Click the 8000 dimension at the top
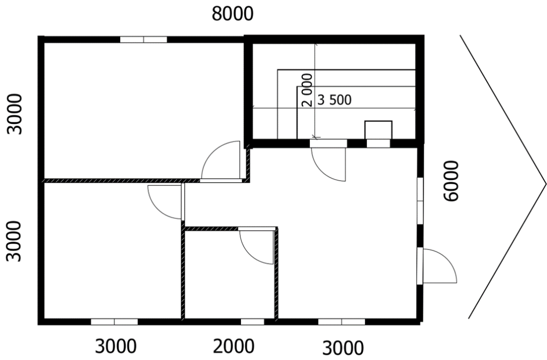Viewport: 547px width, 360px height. click(x=233, y=14)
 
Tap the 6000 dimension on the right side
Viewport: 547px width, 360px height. click(x=451, y=181)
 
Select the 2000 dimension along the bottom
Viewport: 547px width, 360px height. click(x=234, y=347)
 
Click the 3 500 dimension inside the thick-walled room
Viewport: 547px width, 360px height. click(x=334, y=100)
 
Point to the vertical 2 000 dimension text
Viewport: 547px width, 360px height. click(x=307, y=90)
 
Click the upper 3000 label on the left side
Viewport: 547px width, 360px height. click(x=14, y=114)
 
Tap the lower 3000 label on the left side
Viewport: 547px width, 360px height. click(x=14, y=241)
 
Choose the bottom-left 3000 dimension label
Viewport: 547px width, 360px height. click(x=116, y=347)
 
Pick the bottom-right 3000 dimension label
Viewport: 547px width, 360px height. click(x=342, y=348)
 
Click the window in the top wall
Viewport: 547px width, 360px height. click(x=143, y=39)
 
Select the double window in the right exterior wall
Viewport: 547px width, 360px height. click(x=420, y=201)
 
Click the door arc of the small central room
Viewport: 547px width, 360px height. click(x=256, y=246)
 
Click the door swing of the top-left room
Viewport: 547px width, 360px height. click(x=221, y=161)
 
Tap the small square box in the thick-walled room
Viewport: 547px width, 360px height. click(x=378, y=130)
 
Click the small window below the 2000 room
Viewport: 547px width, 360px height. click(x=252, y=322)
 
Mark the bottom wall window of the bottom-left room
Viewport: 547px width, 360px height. click(x=114, y=322)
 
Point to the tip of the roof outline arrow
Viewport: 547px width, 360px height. click(x=545, y=183)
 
